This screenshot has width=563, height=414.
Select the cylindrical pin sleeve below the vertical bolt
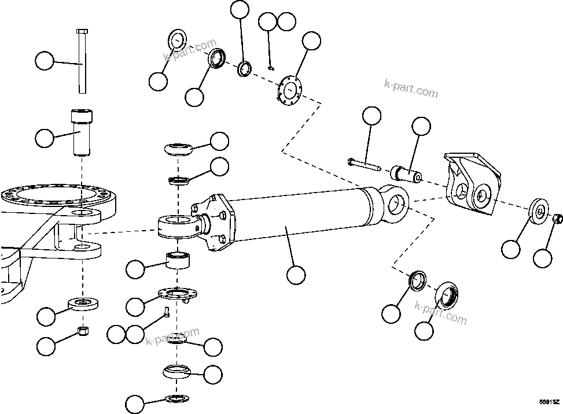[x=81, y=133]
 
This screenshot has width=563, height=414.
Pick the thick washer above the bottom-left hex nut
[x=84, y=303]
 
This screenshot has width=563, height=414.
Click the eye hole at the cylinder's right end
[x=396, y=203]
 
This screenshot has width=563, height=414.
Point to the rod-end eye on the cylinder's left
[x=176, y=224]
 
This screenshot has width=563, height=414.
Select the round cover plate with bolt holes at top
[x=289, y=90]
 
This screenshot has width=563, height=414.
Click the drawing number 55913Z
[x=549, y=401]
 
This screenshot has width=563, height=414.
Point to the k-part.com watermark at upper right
[x=411, y=88]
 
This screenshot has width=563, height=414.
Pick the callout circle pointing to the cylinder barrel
[x=296, y=274]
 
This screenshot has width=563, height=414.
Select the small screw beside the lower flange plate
[x=166, y=312]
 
